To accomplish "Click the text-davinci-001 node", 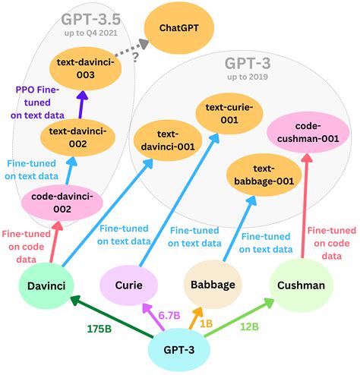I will [x=164, y=140].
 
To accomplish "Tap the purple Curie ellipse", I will [x=130, y=288].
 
